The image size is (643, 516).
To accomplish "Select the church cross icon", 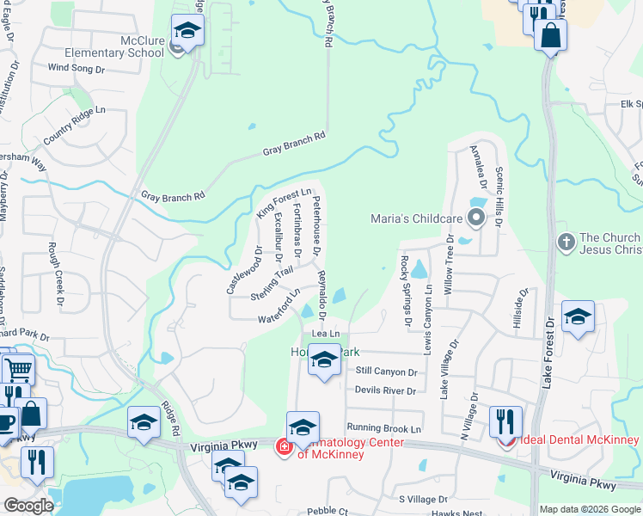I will coord(566,242).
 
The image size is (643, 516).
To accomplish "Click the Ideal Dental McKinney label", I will coord(578,440).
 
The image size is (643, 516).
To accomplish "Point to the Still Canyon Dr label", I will coord(386,372).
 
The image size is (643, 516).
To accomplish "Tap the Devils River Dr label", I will coord(384,390).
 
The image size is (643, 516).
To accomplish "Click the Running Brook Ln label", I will coord(385,427).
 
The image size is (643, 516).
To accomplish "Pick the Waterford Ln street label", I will coord(279,307).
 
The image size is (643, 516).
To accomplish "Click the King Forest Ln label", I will coord(283,203).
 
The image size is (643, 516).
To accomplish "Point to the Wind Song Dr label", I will coord(76,67).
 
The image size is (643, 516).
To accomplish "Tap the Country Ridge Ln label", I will coord(74,124).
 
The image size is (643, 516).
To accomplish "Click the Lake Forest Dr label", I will coord(549,353).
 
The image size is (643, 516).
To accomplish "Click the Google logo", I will coord(28,506).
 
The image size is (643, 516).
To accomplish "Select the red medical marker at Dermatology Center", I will coord(283,446).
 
